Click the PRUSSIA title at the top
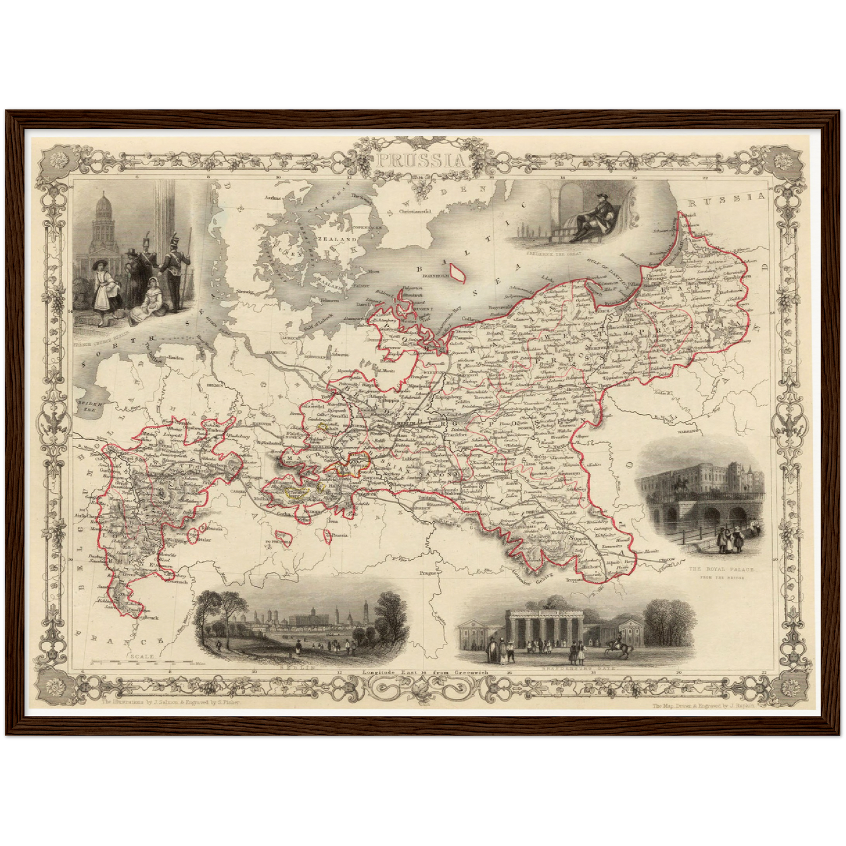click(x=422, y=160)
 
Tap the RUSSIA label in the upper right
click(x=727, y=199)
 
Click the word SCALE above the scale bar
click(x=143, y=657)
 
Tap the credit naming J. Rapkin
click(x=705, y=706)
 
